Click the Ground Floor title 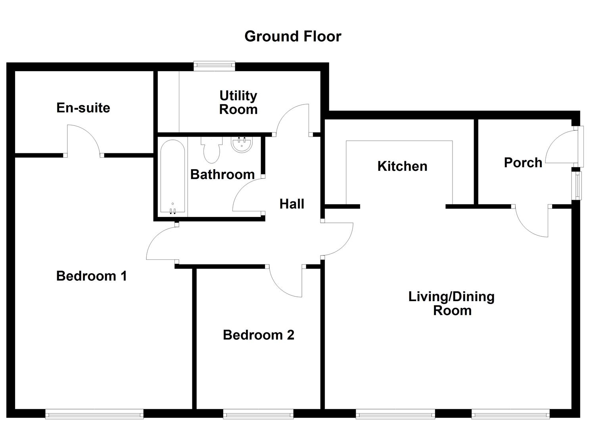click(x=293, y=36)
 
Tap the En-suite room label click(x=83, y=108)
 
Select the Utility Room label click(x=238, y=102)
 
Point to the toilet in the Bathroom click(x=212, y=150)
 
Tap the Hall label click(x=292, y=204)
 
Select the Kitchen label click(x=402, y=166)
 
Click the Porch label click(x=523, y=162)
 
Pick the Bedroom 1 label click(x=92, y=276)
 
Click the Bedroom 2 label click(x=259, y=335)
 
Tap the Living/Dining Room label click(x=451, y=303)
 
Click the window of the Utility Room click(x=214, y=66)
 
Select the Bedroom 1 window click(x=94, y=414)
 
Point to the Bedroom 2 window click(x=258, y=414)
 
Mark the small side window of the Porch click(x=577, y=185)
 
